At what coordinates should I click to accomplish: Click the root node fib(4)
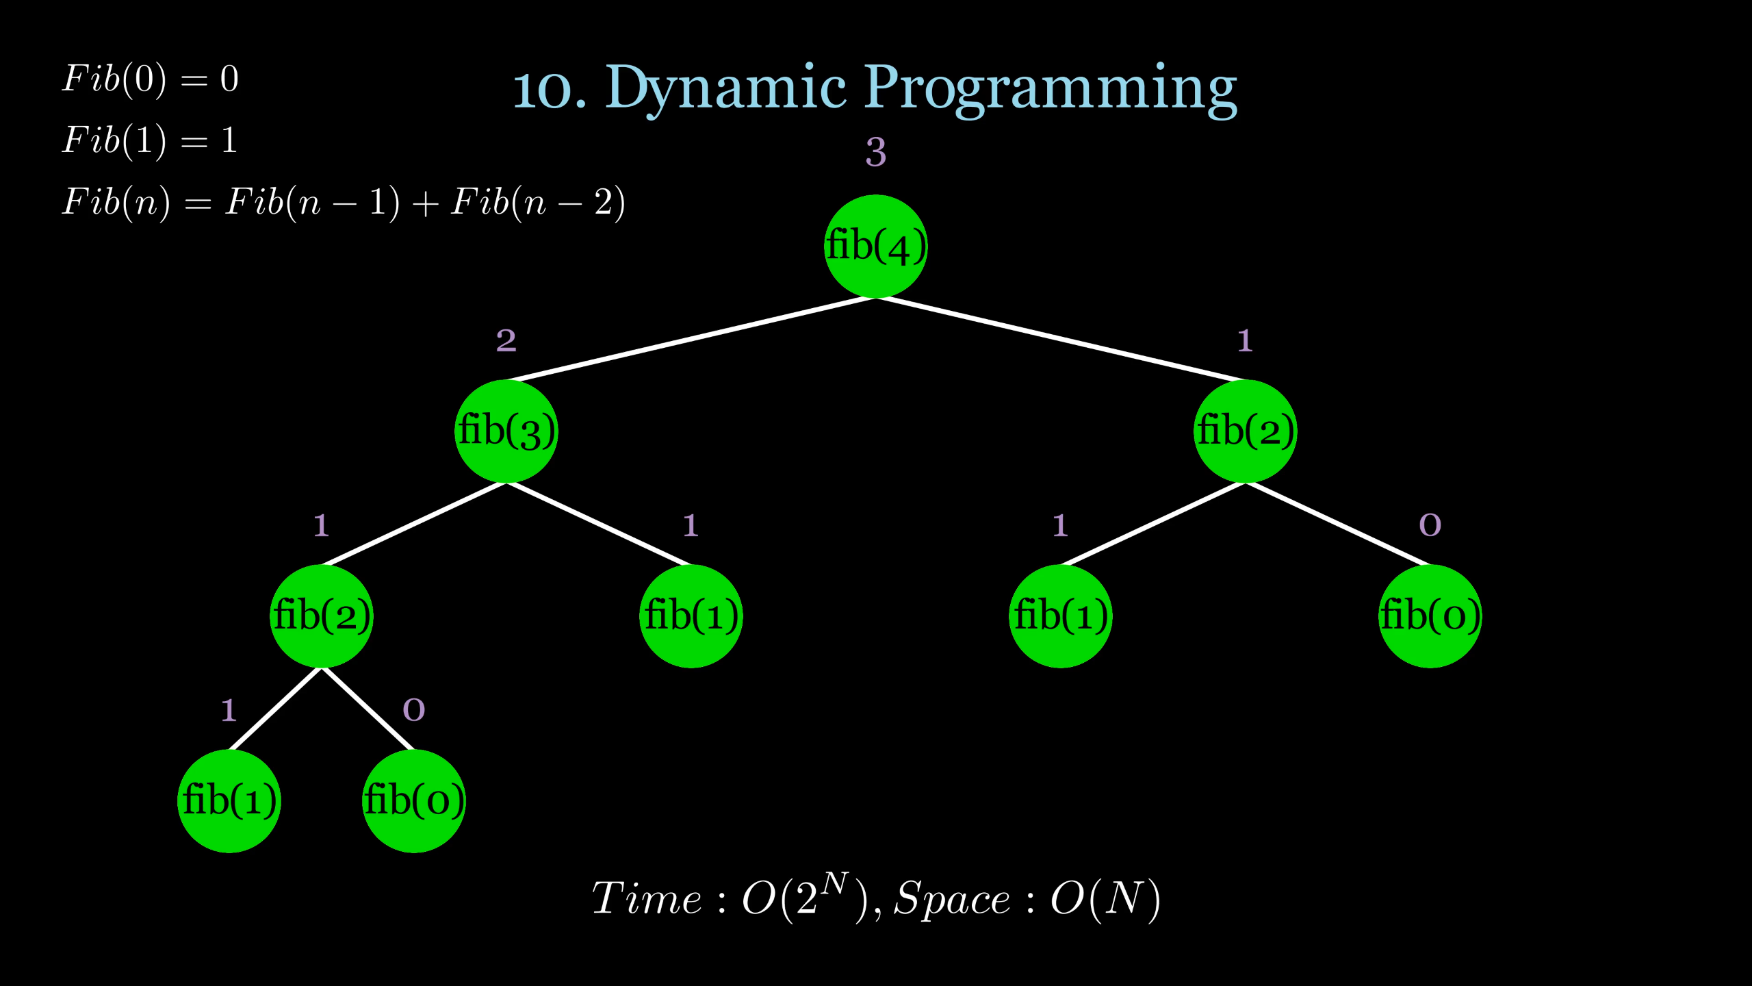(x=875, y=246)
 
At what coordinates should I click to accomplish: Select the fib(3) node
(x=506, y=431)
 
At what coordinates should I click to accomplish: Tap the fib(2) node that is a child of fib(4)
(x=1245, y=431)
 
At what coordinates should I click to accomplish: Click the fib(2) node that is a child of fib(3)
(x=321, y=616)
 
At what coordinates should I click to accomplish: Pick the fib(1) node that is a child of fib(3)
(x=691, y=616)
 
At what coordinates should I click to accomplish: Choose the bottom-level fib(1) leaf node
(x=229, y=801)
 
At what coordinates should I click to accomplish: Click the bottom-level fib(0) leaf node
(x=413, y=801)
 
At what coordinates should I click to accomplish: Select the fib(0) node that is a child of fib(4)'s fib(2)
(x=1430, y=616)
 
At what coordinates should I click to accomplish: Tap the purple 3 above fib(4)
(x=875, y=152)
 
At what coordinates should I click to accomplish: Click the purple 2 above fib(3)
(x=506, y=340)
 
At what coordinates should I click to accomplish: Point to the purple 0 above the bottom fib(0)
(x=413, y=710)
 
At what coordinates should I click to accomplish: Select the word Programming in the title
(x=1051, y=89)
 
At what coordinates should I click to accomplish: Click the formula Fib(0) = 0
(x=151, y=79)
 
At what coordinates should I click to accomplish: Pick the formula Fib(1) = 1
(x=151, y=140)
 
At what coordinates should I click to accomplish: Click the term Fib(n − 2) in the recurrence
(x=537, y=203)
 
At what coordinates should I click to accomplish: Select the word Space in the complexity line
(x=951, y=898)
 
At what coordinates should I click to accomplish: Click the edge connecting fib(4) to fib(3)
(x=691, y=339)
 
